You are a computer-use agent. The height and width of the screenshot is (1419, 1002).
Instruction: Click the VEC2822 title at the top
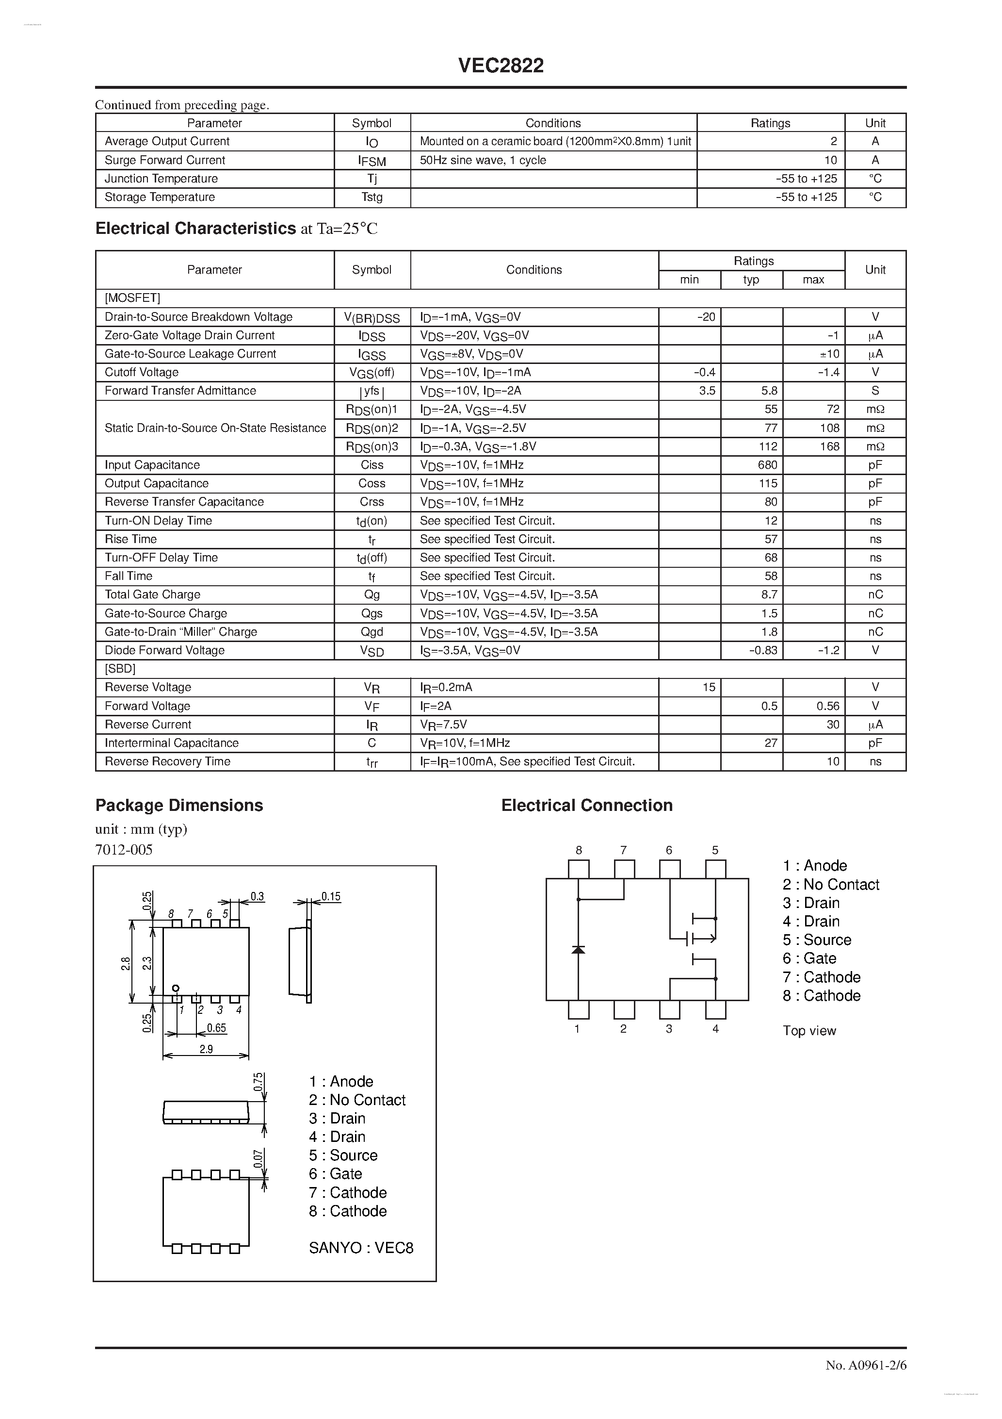tap(501, 66)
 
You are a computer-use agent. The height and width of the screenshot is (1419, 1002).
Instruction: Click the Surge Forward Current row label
tap(164, 160)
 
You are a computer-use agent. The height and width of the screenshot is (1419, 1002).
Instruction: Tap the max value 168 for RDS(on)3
tap(830, 446)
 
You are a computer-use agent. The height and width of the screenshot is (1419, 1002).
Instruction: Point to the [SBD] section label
tap(120, 669)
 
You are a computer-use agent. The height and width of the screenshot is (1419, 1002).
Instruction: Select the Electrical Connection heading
tap(586, 805)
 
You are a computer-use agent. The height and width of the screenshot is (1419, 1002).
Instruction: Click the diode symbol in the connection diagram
tap(578, 949)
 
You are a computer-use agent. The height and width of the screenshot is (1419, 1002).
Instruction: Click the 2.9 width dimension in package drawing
tap(206, 1049)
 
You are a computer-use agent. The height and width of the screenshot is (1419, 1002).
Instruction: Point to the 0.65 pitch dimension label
tap(216, 1028)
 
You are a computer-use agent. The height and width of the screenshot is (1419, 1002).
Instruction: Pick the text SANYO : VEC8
tap(361, 1248)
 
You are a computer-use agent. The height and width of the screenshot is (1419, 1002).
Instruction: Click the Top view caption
tap(809, 1031)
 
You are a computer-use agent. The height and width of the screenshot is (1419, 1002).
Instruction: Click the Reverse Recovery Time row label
tap(167, 761)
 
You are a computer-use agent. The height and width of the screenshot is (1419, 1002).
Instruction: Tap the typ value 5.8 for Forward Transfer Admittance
tap(769, 391)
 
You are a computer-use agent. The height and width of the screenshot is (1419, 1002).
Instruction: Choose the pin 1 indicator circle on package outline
tap(176, 988)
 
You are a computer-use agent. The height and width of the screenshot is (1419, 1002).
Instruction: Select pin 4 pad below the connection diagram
tap(715, 1010)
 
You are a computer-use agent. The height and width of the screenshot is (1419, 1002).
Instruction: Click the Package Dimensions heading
tap(179, 805)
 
